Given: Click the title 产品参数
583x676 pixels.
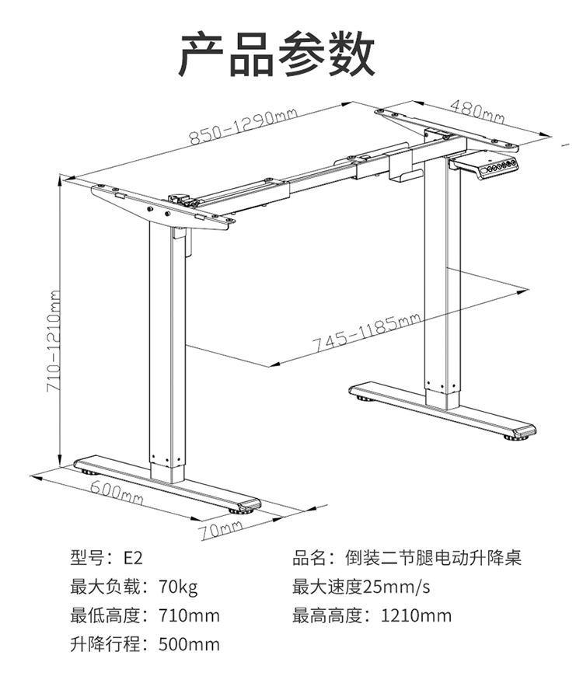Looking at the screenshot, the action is (x=277, y=54).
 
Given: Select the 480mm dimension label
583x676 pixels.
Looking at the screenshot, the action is (x=477, y=111).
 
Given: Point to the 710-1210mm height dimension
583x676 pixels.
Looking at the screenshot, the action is (x=53, y=341).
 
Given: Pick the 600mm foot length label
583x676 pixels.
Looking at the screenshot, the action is (x=117, y=492).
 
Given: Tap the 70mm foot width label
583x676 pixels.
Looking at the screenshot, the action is (x=221, y=529).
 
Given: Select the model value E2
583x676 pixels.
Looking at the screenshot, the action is (x=133, y=558).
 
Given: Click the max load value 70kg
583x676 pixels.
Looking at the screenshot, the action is (x=178, y=587).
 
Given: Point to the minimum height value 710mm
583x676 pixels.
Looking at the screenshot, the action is (x=189, y=615).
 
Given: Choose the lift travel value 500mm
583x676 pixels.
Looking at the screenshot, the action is (x=189, y=644).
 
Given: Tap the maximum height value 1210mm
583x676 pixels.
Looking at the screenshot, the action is (x=416, y=615).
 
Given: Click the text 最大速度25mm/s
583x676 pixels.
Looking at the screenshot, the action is (x=361, y=587).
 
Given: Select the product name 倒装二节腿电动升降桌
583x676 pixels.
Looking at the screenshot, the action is (x=433, y=558).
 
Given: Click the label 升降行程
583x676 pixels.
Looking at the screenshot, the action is (x=105, y=644).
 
